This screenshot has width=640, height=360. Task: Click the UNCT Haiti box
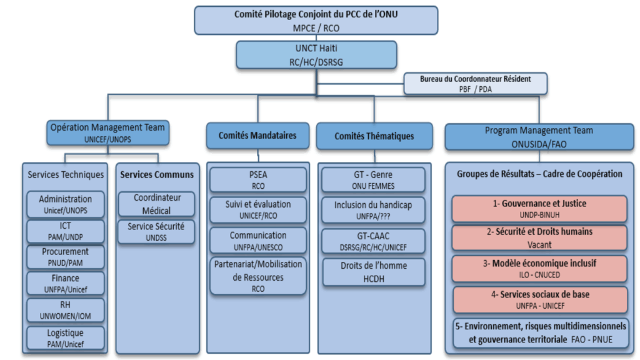[316, 54]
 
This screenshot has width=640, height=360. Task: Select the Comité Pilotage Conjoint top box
[316, 20]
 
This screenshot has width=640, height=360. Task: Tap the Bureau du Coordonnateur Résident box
[476, 84]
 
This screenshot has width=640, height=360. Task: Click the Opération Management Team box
[107, 133]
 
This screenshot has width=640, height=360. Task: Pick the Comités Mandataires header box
[257, 136]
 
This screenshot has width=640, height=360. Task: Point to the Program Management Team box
[538, 136]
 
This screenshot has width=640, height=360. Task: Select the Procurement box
[65, 257]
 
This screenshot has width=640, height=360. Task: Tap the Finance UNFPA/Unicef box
[65, 284]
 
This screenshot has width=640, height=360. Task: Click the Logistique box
[65, 338]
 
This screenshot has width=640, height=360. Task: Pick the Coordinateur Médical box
[156, 204]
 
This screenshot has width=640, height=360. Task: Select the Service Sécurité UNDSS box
[156, 231]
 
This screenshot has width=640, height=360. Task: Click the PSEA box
[257, 180]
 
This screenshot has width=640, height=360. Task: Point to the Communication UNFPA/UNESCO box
[257, 241]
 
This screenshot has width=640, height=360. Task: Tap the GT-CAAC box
[373, 241]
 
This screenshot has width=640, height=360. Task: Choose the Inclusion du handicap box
[373, 210]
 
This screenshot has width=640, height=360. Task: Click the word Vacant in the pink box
[539, 245]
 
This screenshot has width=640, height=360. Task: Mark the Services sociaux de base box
[539, 299]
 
